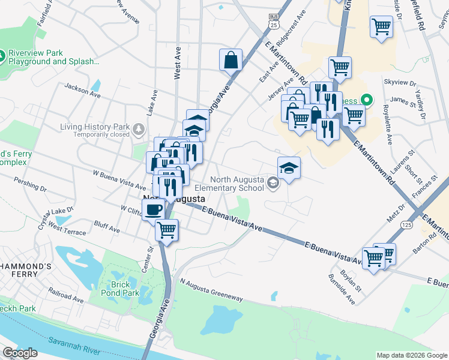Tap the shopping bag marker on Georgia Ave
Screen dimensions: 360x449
[231, 60]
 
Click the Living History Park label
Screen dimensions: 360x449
[95, 127]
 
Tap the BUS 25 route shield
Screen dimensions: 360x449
[274, 22]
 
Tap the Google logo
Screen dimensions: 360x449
[20, 353]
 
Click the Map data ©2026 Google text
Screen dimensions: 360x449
[411, 355]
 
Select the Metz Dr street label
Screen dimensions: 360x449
[396, 211]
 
